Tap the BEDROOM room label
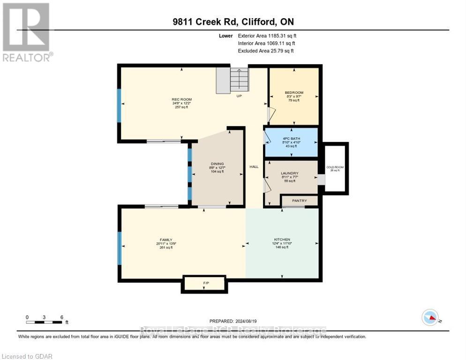tap(294, 92)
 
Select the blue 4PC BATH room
tap(291, 142)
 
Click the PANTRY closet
tap(299, 201)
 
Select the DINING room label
tap(216, 164)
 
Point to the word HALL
tap(254, 167)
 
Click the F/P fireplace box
tap(205, 284)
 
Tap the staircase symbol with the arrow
tap(233, 80)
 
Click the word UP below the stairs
tap(239, 96)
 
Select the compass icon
tap(430, 317)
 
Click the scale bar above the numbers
tap(45, 322)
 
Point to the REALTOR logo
tap(26, 32)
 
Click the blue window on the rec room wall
tap(119, 104)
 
